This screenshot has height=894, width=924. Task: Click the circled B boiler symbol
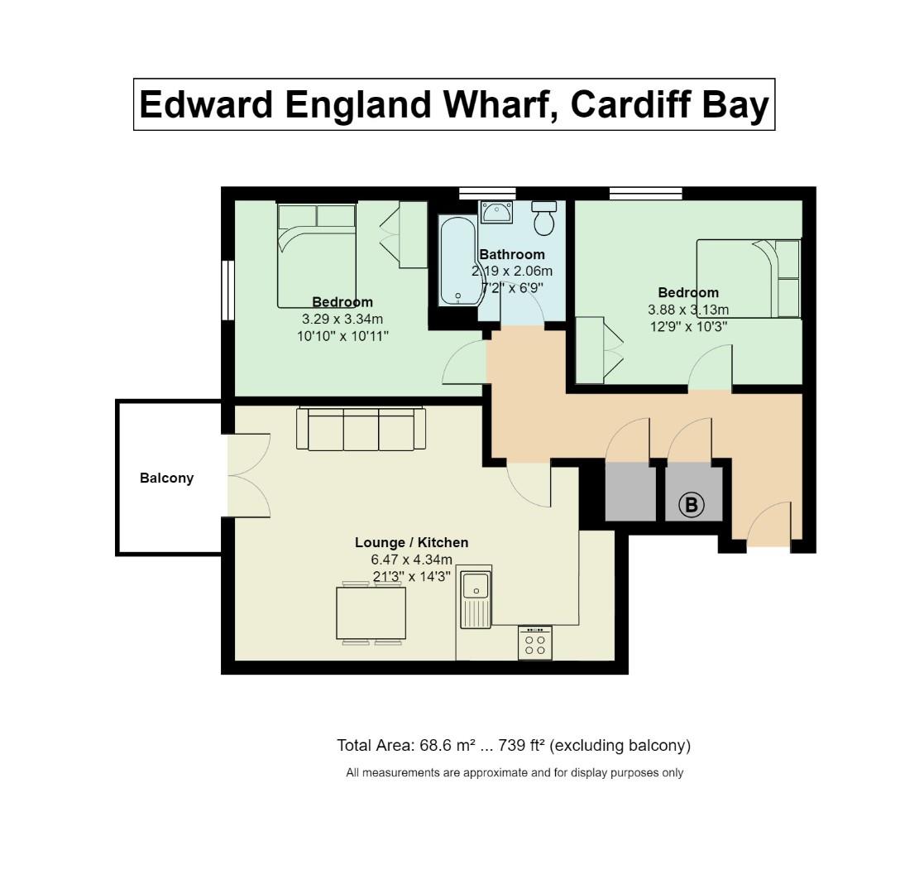(x=691, y=504)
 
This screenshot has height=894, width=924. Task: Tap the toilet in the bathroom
(x=543, y=219)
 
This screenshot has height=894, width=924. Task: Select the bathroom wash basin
(x=496, y=212)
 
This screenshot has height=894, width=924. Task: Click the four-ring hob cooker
(x=535, y=643)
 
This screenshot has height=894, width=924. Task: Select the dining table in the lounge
(x=371, y=613)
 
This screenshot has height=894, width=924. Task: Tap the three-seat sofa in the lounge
(x=361, y=430)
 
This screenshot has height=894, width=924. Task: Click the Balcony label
(x=166, y=478)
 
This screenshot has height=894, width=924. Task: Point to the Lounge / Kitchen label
(x=411, y=542)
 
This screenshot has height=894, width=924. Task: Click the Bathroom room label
(x=512, y=254)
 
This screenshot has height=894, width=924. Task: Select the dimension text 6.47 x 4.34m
(x=411, y=560)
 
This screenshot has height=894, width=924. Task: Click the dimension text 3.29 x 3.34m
(x=342, y=319)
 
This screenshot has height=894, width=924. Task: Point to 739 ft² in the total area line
(x=521, y=745)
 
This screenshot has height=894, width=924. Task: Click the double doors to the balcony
(x=248, y=476)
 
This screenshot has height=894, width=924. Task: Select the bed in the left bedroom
(x=317, y=256)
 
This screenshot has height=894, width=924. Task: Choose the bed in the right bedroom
(x=749, y=278)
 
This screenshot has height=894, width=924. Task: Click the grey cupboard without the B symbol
(x=630, y=492)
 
